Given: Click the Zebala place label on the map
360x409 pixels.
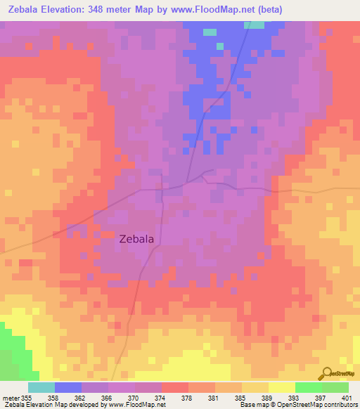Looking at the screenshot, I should (x=137, y=239).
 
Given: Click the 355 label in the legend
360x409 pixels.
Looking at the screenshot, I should (x=27, y=398).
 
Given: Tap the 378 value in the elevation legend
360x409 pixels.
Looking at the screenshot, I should (x=187, y=398).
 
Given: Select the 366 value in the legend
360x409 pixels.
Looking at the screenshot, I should (x=107, y=398).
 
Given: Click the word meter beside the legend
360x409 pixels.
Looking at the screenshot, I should (x=10, y=398).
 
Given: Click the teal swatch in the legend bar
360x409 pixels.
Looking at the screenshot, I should (x=41, y=387).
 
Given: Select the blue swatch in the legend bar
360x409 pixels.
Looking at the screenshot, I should (x=68, y=387).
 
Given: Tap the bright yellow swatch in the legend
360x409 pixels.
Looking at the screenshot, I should (x=282, y=387).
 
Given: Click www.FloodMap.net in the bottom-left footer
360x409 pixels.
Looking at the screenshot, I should (x=137, y=405).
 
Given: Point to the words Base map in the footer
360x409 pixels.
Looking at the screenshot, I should (x=252, y=405).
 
